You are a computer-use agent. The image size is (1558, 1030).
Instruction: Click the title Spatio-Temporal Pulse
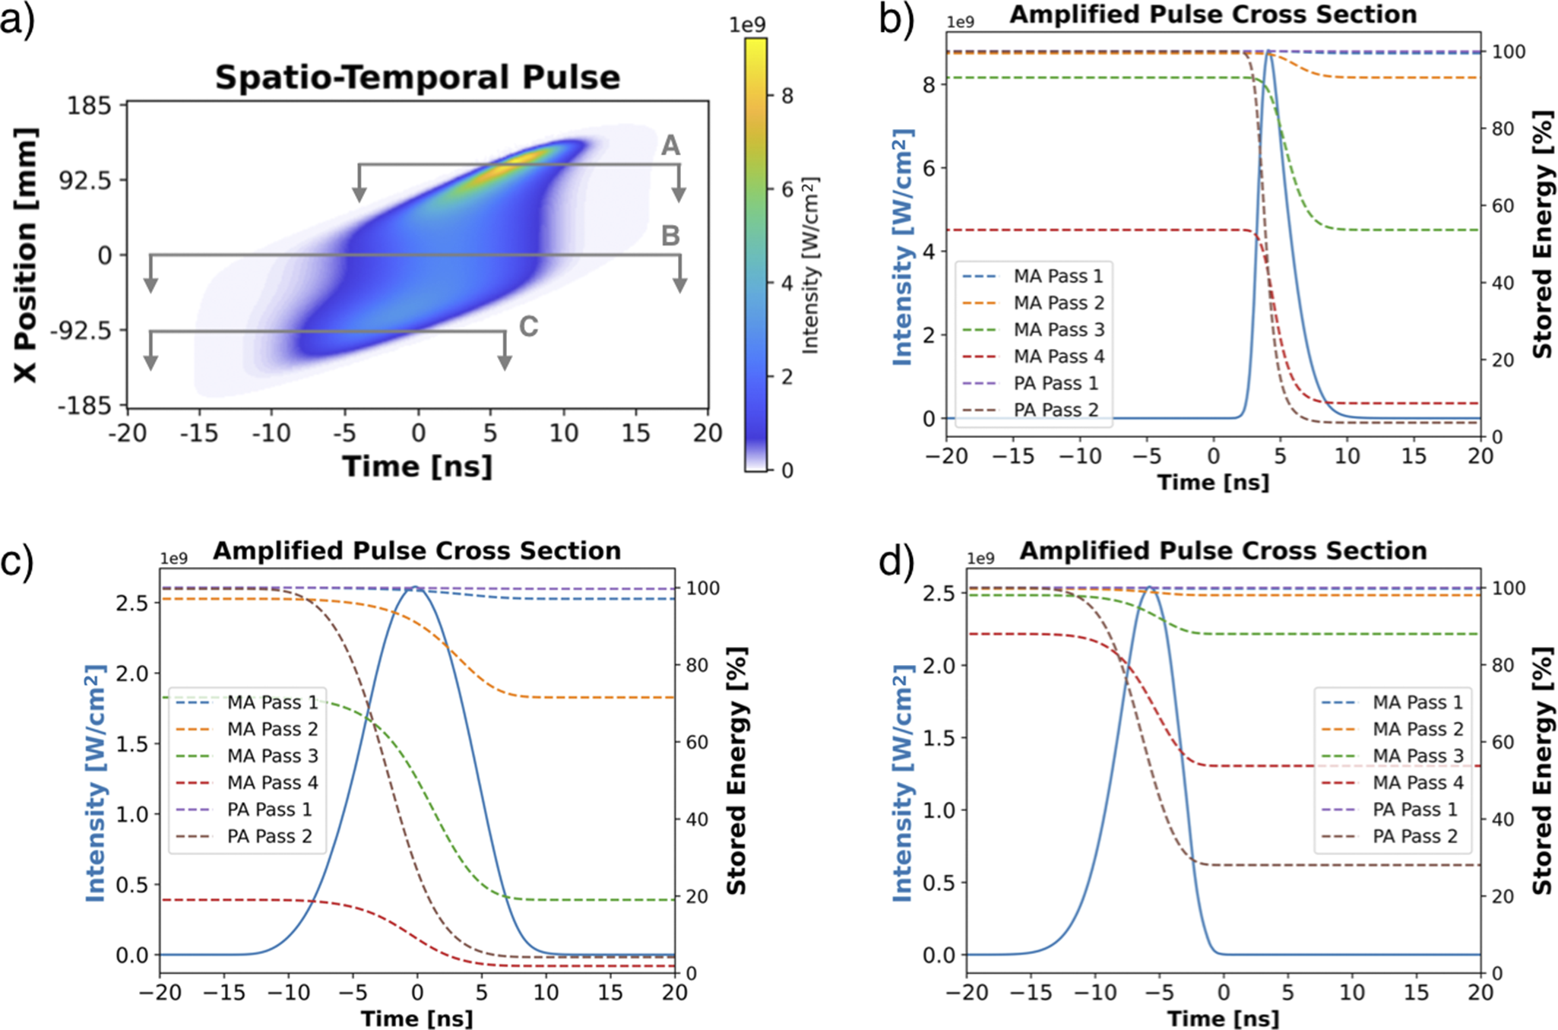(417, 78)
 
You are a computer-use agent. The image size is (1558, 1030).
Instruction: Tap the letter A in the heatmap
(670, 145)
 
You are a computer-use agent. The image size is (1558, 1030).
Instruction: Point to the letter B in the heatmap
(670, 236)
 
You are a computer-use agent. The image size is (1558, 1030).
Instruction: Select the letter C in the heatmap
(528, 327)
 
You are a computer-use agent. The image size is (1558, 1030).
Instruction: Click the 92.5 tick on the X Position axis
(86, 181)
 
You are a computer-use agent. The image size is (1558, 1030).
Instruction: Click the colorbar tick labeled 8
(787, 96)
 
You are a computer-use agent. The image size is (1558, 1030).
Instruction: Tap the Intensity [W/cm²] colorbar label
(811, 265)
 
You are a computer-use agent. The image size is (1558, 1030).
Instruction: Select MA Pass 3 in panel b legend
(1059, 330)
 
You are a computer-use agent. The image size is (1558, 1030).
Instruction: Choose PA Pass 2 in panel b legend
(1056, 410)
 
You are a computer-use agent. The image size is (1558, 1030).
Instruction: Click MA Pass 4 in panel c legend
(272, 783)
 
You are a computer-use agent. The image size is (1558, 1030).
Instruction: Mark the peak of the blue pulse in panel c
(416, 588)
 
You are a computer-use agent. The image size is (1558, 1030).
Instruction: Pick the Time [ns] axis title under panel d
(1223, 1019)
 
